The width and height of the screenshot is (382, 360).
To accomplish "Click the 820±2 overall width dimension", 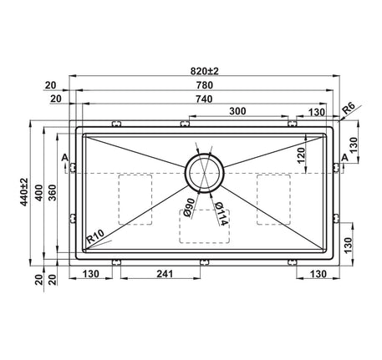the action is (205, 71).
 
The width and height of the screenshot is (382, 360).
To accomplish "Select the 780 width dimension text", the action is (204, 85).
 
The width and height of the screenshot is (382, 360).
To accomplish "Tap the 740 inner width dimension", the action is (204, 99).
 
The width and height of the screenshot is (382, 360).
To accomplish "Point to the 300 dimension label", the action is (237, 111).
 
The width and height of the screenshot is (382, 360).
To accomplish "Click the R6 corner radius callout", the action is (349, 109).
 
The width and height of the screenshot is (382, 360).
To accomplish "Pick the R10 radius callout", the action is (95, 236).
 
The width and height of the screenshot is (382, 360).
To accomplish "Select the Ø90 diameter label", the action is (189, 207).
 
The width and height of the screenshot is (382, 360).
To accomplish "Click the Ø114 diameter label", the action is (222, 214).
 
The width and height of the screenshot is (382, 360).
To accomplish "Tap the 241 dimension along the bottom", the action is (165, 274).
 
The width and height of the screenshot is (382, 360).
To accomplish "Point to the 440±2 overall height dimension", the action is (24, 192).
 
